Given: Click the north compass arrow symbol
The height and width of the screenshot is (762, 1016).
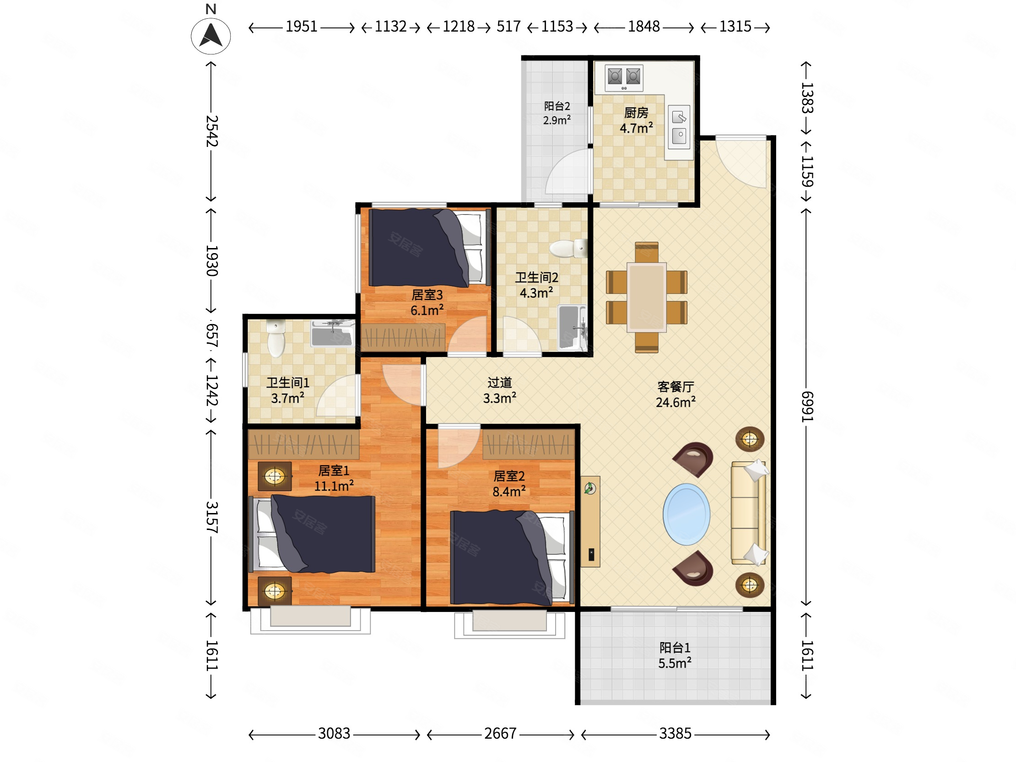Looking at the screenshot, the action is (211, 36).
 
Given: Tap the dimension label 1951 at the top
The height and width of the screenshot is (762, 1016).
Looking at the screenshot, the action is (301, 27).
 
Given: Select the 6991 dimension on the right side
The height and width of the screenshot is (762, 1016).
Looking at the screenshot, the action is (807, 406).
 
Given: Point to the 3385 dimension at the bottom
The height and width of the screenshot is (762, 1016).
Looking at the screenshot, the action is (675, 734).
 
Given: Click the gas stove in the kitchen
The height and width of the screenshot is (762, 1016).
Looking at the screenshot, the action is (624, 78).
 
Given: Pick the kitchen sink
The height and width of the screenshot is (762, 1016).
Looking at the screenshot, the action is (679, 127).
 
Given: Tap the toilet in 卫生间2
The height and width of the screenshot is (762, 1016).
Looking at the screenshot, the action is (568, 249).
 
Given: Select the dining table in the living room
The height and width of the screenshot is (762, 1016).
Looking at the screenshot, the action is (646, 297).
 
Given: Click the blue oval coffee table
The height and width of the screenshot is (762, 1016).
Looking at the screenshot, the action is (686, 514).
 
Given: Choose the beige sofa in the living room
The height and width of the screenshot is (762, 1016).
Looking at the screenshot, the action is (749, 513).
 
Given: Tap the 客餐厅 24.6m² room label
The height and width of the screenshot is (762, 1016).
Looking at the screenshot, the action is (676, 395).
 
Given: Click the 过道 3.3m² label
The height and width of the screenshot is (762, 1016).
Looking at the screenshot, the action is (499, 390).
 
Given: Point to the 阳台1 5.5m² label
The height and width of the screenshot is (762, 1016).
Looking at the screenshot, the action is (675, 655).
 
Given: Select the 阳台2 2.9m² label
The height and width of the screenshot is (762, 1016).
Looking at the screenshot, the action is (557, 113).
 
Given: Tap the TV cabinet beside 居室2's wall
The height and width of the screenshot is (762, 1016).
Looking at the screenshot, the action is (590, 521).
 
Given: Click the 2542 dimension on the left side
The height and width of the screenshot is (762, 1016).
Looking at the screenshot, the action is (211, 131).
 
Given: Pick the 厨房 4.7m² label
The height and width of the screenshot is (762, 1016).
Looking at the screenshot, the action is (636, 120).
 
